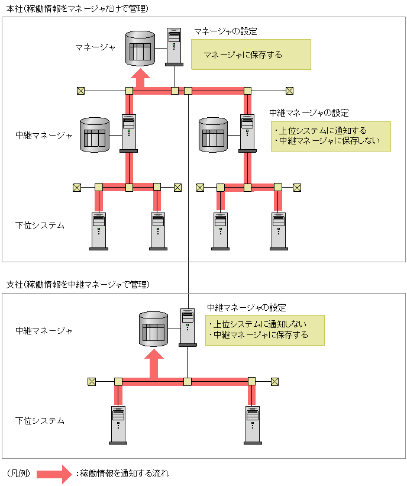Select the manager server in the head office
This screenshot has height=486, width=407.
point(174,46)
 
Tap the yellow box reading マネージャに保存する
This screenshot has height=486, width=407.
point(251,55)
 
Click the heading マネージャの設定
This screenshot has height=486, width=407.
point(225,30)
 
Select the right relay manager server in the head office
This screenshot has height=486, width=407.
point(247,132)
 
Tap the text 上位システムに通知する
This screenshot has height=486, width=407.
point(322,130)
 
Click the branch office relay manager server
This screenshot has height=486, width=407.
point(188,326)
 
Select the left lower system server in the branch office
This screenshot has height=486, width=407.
point(118,424)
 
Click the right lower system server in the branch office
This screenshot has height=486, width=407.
point(253,424)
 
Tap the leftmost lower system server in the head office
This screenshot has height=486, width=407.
point(98,230)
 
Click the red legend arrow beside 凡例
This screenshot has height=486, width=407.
point(54,474)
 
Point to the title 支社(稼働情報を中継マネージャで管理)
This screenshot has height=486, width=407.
point(77,285)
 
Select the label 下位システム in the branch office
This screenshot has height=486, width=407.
point(40,421)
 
